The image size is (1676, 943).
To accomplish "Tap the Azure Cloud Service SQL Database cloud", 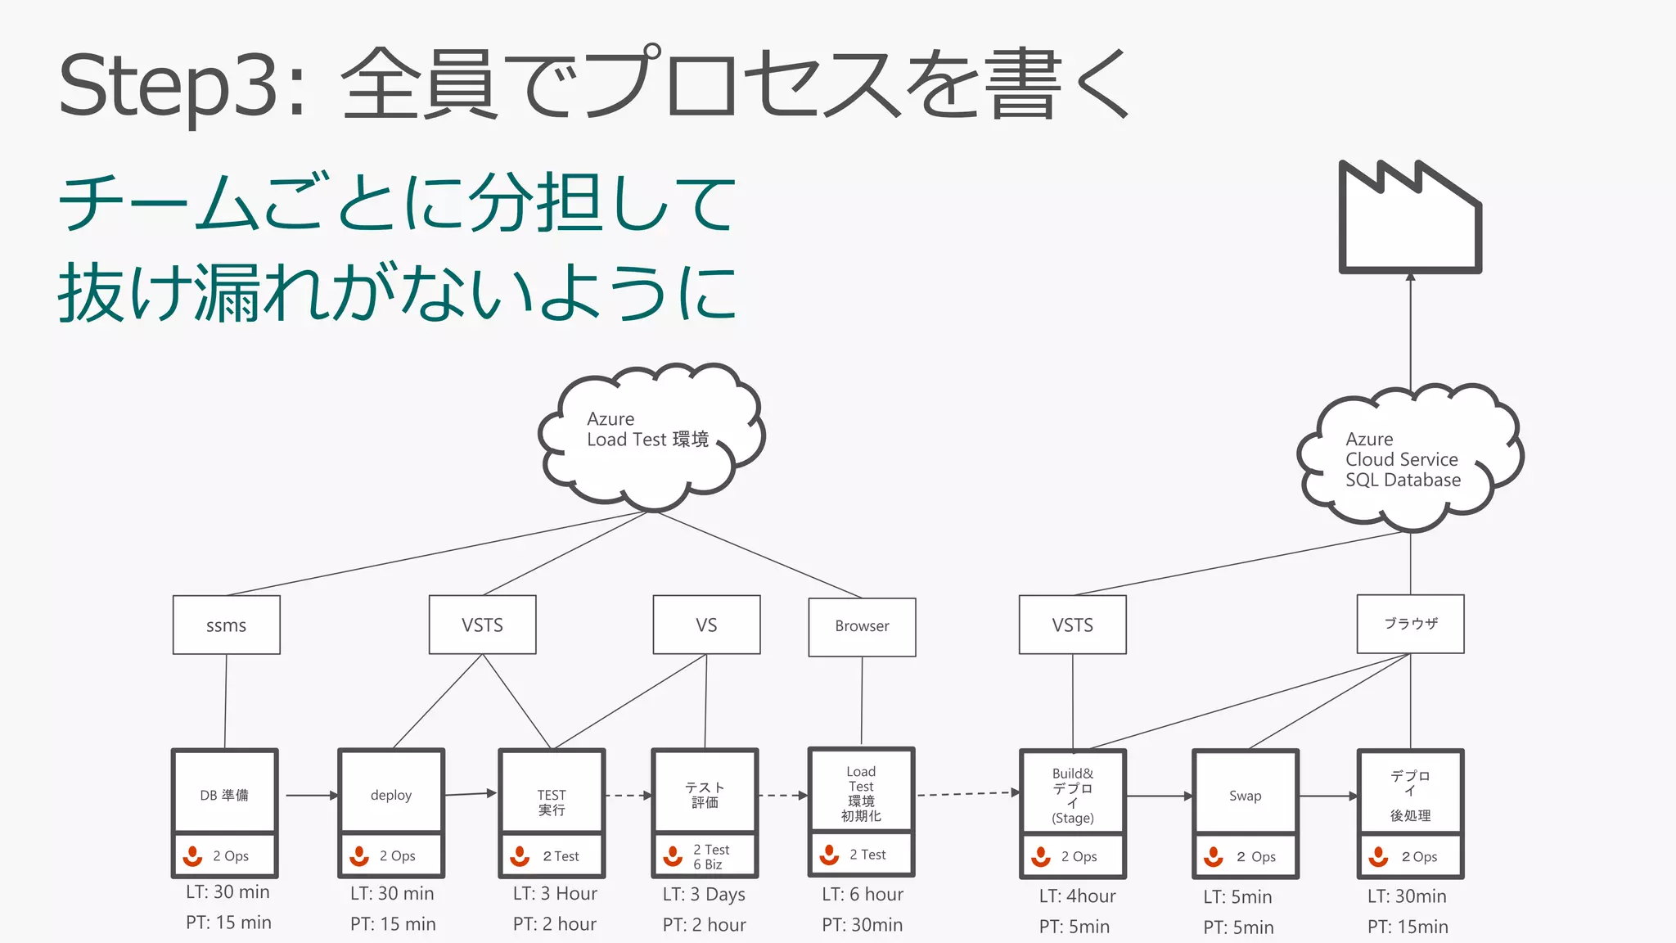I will [x=1409, y=458].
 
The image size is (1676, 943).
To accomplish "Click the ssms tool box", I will [x=227, y=625].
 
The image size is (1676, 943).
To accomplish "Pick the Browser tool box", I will [x=862, y=627].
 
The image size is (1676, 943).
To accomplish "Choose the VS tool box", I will [x=706, y=625].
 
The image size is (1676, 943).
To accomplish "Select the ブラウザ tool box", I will [x=1410, y=624].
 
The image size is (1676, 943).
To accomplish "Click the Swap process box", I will [x=1245, y=794].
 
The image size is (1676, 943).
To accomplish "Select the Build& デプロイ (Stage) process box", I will [x=1072, y=794].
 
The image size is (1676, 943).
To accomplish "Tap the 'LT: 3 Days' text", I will [x=704, y=895].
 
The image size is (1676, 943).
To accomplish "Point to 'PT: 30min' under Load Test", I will [x=862, y=925].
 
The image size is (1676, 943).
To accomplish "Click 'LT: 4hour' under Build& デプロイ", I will [x=1077, y=896].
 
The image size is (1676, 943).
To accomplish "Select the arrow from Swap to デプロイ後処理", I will [x=1327, y=796].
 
